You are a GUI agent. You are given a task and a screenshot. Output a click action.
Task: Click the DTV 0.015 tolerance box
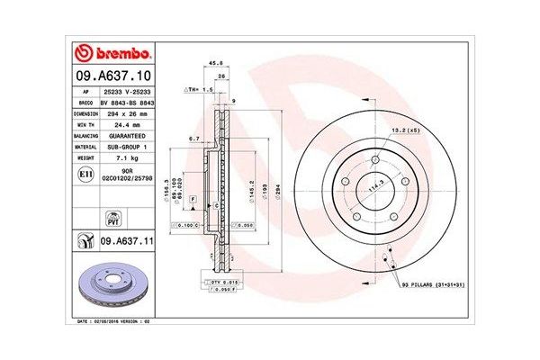click(223, 283)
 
